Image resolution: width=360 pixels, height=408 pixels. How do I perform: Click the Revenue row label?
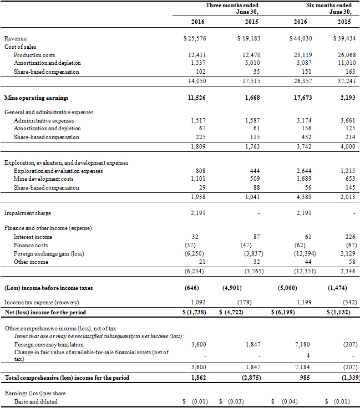pos(15,38)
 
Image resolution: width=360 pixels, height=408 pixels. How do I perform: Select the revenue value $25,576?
pos(195,38)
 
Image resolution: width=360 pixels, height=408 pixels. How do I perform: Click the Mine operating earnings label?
pos(37,98)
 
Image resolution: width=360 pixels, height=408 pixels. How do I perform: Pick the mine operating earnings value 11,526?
pos(197,98)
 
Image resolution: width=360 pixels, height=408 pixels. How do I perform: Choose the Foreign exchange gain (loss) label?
pos(49,253)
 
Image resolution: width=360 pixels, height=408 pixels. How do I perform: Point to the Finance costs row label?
pos(31,245)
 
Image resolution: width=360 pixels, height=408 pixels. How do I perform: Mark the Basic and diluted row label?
pos(36,401)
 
